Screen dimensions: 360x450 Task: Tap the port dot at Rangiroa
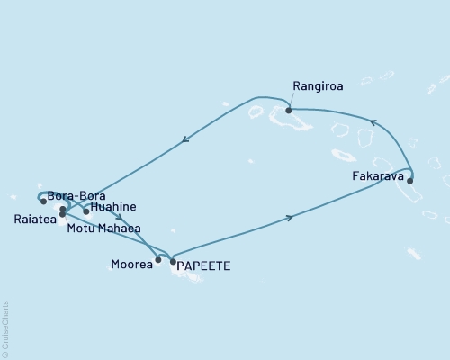[289, 111]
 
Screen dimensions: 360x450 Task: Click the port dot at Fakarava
[410, 181]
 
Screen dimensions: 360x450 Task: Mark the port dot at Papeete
[173, 261]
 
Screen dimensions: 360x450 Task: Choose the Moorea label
[131, 265]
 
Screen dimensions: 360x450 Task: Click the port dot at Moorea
[158, 261]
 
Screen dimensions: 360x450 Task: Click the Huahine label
[112, 206]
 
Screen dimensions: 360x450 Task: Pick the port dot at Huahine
[86, 212]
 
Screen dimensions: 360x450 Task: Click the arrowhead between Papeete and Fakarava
[289, 217]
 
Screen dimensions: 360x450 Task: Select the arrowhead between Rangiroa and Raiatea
[184, 139]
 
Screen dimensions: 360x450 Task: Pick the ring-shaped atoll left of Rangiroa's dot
[256, 113]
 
